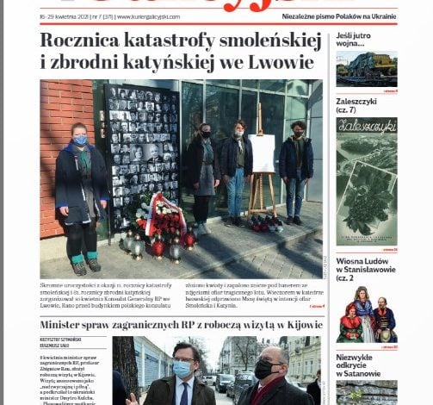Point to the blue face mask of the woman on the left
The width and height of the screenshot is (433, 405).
coord(81,140)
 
